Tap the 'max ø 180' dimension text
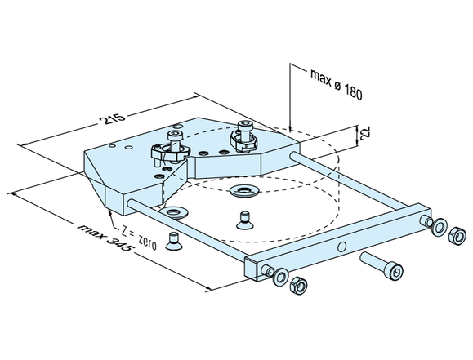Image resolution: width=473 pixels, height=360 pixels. pyautogui.click(x=335, y=82)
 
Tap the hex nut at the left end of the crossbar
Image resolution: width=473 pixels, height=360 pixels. pyautogui.click(x=298, y=285)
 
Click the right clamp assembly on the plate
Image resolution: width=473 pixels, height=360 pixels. pyautogui.click(x=241, y=135)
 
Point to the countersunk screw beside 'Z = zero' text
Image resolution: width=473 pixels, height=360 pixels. pyautogui.click(x=173, y=238)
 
